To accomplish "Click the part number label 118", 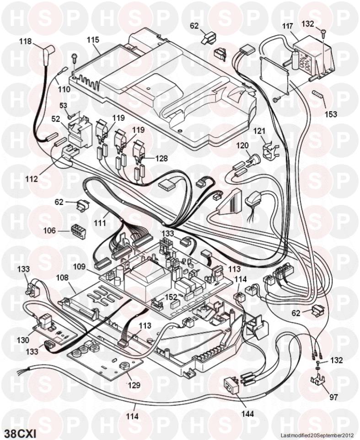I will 25,41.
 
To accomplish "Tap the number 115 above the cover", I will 93,40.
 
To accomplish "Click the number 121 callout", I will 259,131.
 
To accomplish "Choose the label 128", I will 161,158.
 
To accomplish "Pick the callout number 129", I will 134,385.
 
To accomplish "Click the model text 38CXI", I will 20,432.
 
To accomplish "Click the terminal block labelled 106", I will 77,230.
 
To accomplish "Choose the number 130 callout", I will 22,340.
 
